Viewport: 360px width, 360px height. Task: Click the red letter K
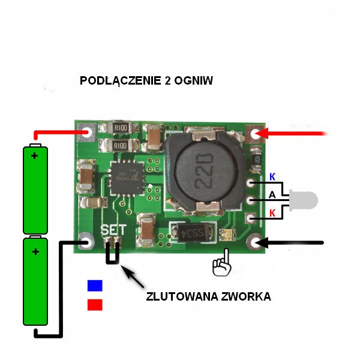(x=272, y=213)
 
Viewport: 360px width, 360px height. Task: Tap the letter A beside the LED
(x=272, y=195)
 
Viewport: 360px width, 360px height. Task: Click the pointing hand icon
(x=223, y=265)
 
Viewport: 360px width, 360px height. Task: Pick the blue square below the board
(x=95, y=285)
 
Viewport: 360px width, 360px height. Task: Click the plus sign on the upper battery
(x=35, y=156)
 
